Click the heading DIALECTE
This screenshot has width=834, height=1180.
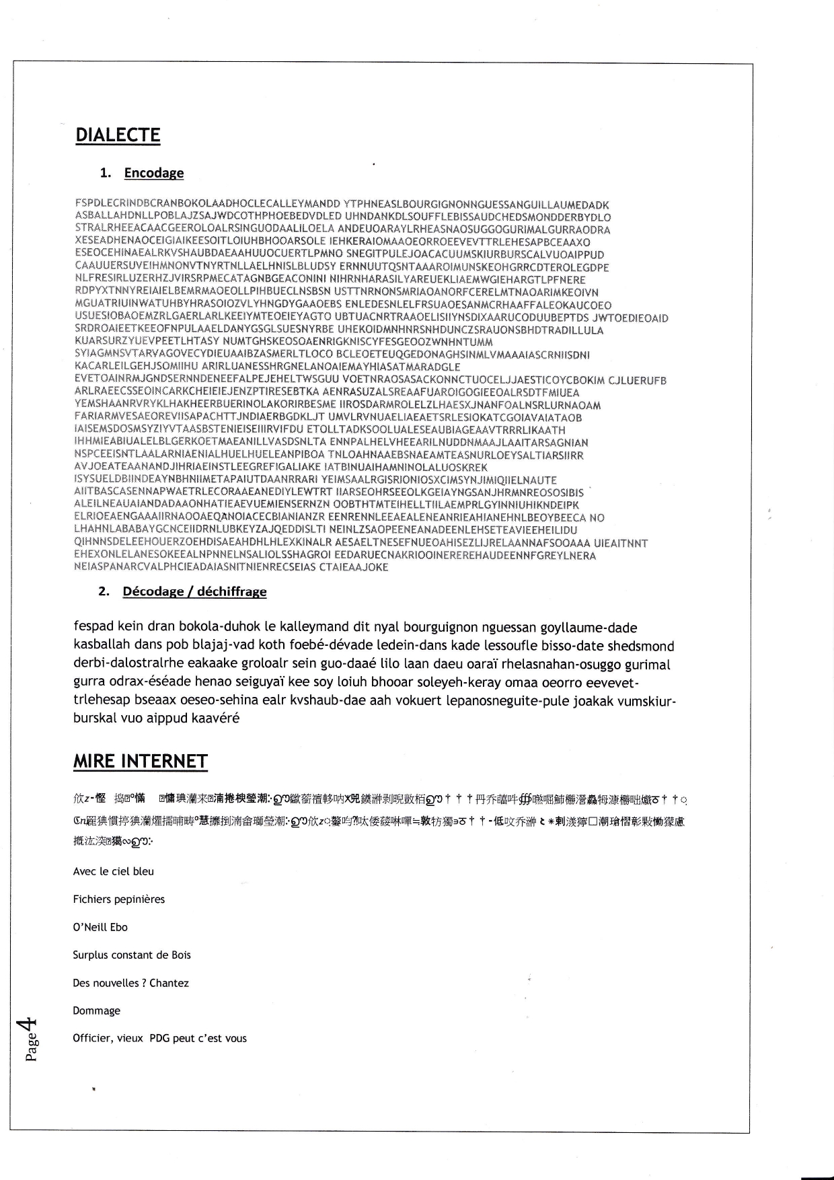(118, 135)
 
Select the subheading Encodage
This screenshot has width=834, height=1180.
(153, 173)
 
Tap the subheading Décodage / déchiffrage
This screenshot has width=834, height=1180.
(194, 592)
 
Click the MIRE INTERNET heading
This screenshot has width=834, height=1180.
(140, 762)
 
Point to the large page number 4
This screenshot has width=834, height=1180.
(28, 1026)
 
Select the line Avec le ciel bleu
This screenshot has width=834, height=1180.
(113, 871)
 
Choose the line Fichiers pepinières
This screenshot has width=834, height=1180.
(118, 899)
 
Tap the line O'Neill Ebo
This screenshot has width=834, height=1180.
(100, 927)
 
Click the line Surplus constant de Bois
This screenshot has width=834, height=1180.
(132, 955)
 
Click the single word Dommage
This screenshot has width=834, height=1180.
(96, 1010)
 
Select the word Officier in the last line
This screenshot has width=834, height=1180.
(92, 1038)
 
